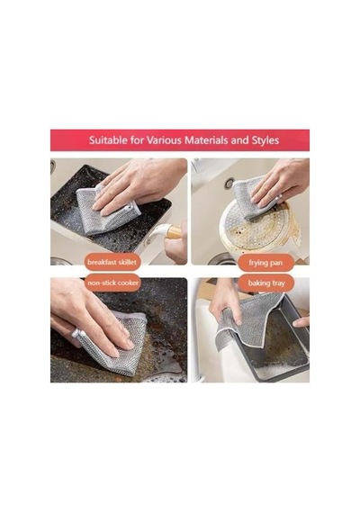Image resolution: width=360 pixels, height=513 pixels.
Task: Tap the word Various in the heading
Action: click(x=164, y=140)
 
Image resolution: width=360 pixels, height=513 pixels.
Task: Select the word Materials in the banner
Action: click(x=206, y=140)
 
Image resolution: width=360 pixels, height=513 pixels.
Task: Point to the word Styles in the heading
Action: click(x=265, y=140)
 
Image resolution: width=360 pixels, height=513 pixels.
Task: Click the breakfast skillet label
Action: click(x=112, y=262)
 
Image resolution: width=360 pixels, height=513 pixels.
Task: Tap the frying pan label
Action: click(x=265, y=263)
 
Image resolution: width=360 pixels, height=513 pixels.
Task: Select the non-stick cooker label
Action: click(x=112, y=283)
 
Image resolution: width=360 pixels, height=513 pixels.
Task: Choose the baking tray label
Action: click(x=266, y=283)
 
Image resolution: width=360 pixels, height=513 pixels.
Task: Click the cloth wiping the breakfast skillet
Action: click(x=105, y=212)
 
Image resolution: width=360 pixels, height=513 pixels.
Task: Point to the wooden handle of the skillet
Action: click(x=174, y=233)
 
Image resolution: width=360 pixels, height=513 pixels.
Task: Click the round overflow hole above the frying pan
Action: click(x=229, y=183)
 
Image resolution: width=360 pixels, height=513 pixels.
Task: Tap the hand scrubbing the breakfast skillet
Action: click(x=138, y=184)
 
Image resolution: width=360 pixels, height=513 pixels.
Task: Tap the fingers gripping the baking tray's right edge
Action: click(x=301, y=322)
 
